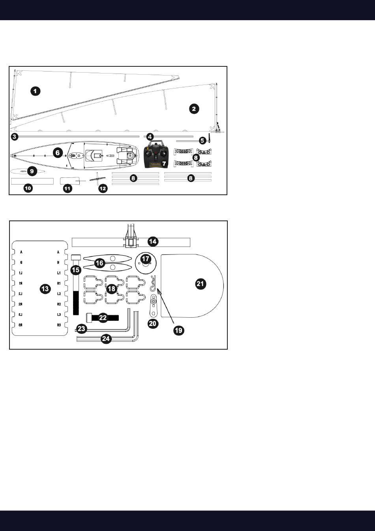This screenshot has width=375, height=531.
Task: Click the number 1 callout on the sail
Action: click(x=35, y=91)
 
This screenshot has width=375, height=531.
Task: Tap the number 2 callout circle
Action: click(x=193, y=109)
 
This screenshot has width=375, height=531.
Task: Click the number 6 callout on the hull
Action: click(x=58, y=152)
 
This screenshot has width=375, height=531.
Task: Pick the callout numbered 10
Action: click(x=28, y=188)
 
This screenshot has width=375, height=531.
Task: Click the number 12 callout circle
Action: click(x=103, y=188)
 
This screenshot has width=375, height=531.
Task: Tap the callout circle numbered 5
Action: click(x=202, y=140)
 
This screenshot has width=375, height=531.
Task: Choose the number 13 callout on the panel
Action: click(x=45, y=289)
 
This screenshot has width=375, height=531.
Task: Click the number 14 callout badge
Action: click(x=152, y=241)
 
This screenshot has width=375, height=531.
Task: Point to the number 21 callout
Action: click(x=201, y=283)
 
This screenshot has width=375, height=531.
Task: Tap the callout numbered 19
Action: click(x=179, y=330)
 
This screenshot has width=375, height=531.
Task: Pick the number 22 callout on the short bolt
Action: click(x=103, y=318)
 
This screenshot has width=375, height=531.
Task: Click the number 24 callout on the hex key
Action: click(x=106, y=339)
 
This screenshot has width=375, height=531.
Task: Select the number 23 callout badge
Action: click(x=82, y=328)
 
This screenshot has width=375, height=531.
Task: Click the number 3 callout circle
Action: click(x=14, y=137)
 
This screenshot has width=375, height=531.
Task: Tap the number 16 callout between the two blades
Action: click(x=100, y=263)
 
